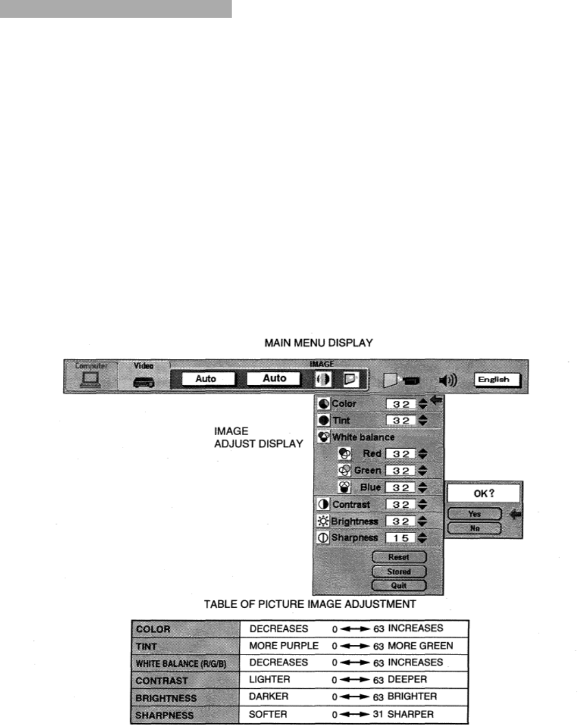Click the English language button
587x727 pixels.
click(498, 379)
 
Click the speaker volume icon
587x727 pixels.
click(447, 380)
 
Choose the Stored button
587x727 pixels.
click(399, 572)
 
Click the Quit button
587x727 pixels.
click(399, 586)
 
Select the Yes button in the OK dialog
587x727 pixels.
click(474, 514)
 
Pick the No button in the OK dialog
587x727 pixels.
click(474, 529)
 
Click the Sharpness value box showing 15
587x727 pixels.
click(400, 538)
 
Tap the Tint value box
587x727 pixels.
click(400, 421)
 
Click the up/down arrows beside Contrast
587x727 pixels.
click(423, 505)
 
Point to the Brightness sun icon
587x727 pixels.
click(323, 521)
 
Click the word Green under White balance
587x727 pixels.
click(368, 471)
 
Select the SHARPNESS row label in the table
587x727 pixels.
click(164, 715)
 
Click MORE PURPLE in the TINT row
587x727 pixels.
click(284, 645)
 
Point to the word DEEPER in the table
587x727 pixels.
click(407, 680)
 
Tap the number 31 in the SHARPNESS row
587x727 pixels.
click(378, 715)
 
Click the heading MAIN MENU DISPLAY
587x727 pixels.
click(318, 343)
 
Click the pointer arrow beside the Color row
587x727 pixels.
click(436, 400)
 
